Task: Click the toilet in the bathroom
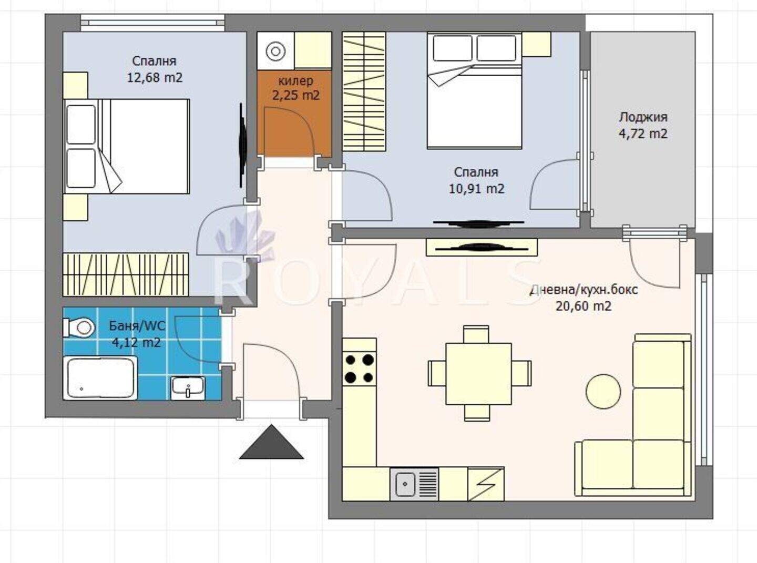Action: [x=79, y=327]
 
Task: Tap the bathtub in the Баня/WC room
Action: [x=100, y=378]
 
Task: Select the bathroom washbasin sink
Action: [x=188, y=388]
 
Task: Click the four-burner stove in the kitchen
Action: [x=360, y=368]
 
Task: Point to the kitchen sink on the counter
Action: [x=414, y=484]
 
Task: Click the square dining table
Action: [x=478, y=374]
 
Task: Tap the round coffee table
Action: [x=603, y=391]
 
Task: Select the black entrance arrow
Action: [x=271, y=442]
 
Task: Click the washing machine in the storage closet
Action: [x=276, y=51]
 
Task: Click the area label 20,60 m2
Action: [x=584, y=306]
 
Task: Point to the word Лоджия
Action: [x=643, y=117]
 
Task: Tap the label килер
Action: [x=295, y=81]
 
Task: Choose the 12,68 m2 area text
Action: [x=155, y=77]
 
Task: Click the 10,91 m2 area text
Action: [x=476, y=189]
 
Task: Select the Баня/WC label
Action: [x=137, y=326]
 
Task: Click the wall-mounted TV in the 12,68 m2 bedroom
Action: [x=242, y=145]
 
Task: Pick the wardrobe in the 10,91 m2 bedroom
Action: [x=364, y=91]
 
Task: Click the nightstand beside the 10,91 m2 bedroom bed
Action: [x=536, y=44]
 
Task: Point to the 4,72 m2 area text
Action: [x=643, y=134]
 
